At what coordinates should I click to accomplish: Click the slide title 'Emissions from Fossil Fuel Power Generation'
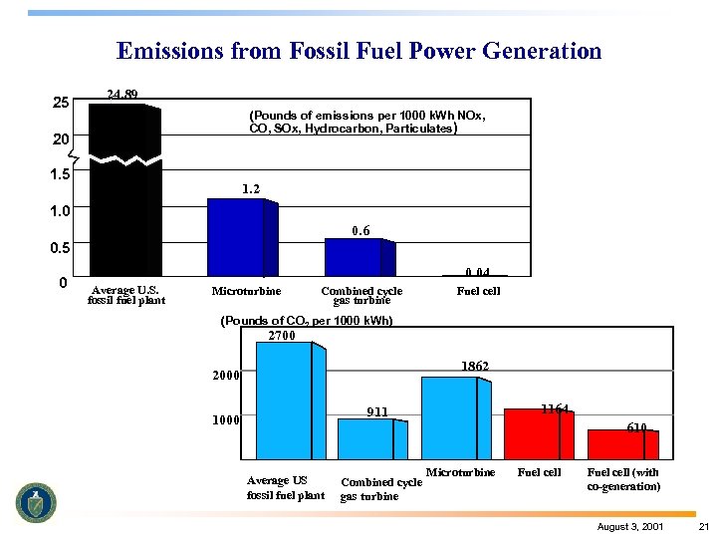[x=358, y=51]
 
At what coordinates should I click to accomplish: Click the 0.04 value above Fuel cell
[x=478, y=271]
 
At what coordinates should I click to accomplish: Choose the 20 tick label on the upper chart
[x=61, y=139]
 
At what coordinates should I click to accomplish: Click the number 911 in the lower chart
[x=376, y=411]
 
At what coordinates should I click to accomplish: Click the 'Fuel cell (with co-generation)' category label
[x=623, y=479]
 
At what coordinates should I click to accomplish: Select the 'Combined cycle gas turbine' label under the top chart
[x=360, y=295]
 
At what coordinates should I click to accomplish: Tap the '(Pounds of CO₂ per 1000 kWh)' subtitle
[x=307, y=321]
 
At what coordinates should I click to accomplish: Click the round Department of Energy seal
[x=36, y=502]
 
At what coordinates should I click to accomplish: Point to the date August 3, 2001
[x=631, y=526]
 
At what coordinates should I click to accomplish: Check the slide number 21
[x=703, y=526]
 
